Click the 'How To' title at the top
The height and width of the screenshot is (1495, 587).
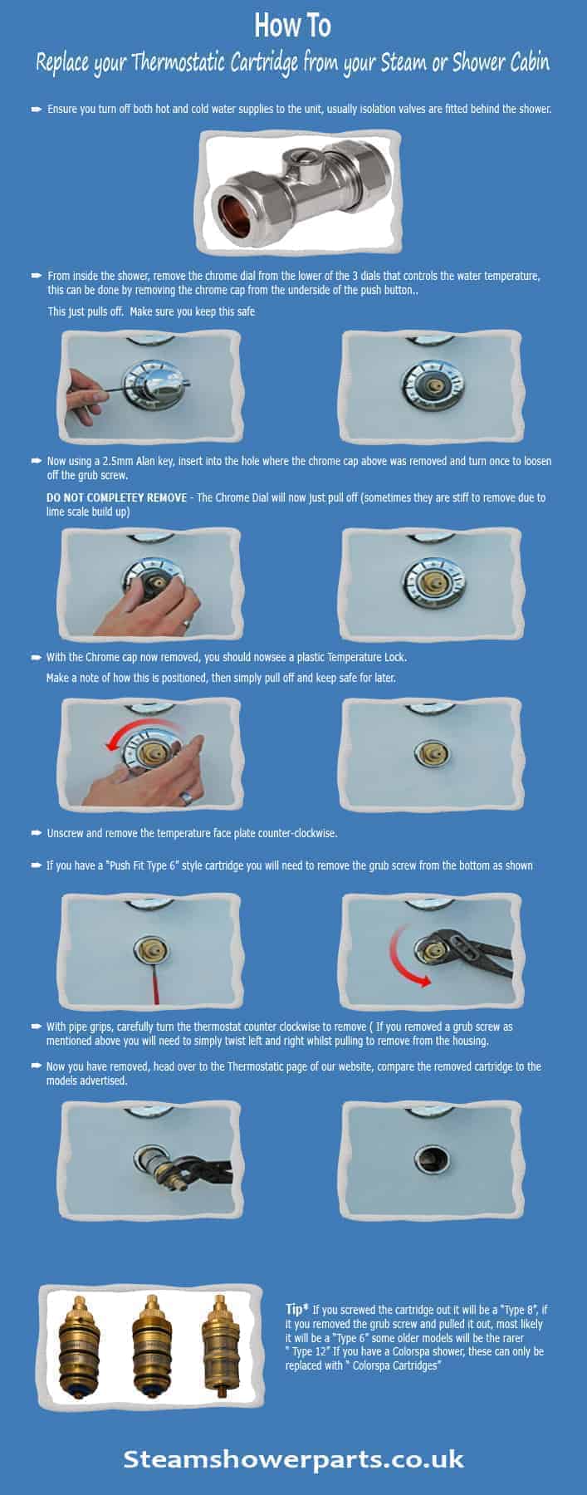292,26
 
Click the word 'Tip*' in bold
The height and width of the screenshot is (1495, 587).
296,1309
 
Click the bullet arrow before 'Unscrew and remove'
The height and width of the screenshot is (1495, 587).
37,832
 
